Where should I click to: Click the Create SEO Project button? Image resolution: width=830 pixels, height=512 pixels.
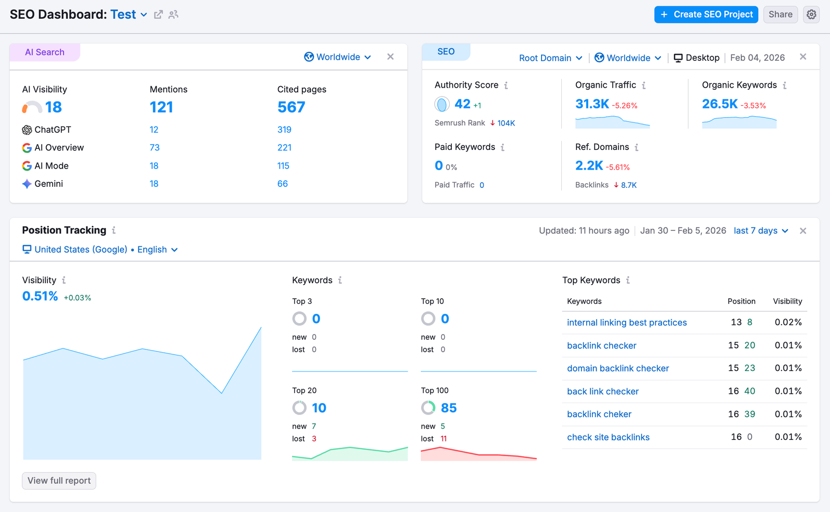coord(706,15)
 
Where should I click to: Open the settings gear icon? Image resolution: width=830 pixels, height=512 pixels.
coord(811,15)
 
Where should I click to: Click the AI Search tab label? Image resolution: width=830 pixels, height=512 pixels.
coord(45,52)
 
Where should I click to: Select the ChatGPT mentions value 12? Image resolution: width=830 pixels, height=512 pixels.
coord(154,130)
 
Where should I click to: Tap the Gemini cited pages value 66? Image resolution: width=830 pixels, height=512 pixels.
coord(282,184)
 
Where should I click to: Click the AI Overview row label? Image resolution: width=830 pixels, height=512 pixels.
coord(59,148)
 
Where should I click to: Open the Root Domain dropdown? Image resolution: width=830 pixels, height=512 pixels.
coord(550,58)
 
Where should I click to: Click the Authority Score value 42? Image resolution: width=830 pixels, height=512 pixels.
coord(462,104)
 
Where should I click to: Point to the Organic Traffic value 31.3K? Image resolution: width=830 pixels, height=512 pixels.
coord(592,104)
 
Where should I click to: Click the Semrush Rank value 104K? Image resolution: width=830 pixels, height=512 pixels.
coord(506,123)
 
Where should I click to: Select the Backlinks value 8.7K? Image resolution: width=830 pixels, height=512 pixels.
coord(628,185)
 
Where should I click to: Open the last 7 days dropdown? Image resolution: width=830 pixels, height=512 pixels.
coord(760,231)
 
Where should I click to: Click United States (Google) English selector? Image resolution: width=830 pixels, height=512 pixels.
coord(101,250)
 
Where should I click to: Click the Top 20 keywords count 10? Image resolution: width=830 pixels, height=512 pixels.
coord(319,408)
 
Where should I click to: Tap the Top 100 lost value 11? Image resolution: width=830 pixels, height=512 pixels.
coord(444,439)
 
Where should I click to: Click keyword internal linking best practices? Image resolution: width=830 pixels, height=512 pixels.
coord(627,323)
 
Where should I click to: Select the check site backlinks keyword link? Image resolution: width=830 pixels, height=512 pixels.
coord(608,437)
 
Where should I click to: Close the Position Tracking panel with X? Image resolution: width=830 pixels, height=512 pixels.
coord(803,231)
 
